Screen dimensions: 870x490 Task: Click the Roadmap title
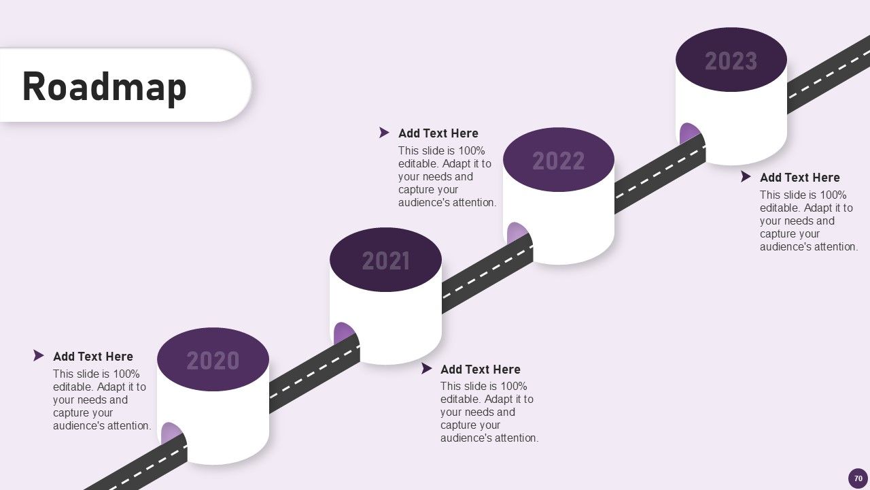click(x=104, y=87)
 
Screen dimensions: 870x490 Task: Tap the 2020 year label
click(x=213, y=361)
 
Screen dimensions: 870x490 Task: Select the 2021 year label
click(x=385, y=261)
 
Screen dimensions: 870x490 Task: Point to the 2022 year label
click(x=558, y=161)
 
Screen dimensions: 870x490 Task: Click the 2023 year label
click(x=731, y=61)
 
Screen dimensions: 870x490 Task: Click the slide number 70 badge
click(x=858, y=478)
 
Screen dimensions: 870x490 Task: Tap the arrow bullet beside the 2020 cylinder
click(x=39, y=356)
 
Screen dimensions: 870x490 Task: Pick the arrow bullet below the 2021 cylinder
click(x=426, y=369)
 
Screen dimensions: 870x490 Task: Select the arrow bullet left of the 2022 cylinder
click(x=384, y=133)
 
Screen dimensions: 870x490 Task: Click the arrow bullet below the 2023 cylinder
click(x=746, y=177)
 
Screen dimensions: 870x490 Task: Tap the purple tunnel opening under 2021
click(x=343, y=333)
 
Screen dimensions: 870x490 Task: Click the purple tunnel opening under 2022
click(x=516, y=233)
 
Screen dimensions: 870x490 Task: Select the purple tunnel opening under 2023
click(x=689, y=133)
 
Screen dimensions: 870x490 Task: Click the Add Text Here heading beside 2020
click(x=93, y=357)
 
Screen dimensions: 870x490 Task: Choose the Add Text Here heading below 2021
click(x=481, y=370)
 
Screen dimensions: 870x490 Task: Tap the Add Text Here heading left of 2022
click(x=438, y=133)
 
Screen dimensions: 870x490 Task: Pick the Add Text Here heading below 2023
click(x=800, y=178)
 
